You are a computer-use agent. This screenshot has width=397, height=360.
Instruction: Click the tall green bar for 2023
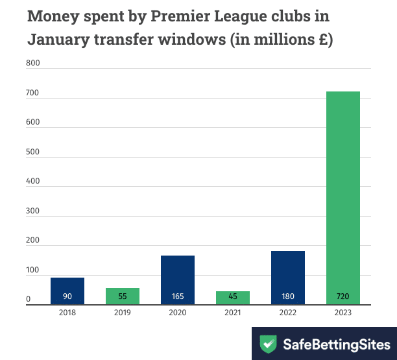point(343,195)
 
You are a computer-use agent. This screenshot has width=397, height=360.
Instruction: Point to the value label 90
point(67,297)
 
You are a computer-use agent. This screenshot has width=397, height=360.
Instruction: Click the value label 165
point(178,297)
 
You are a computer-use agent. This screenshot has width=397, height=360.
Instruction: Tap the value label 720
point(343,297)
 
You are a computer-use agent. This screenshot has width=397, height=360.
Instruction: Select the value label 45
point(233,297)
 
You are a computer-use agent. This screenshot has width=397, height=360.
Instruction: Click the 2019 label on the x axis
point(123,313)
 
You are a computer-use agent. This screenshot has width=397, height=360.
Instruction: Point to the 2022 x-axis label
point(288,313)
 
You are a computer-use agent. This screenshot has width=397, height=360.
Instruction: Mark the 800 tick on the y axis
point(32,64)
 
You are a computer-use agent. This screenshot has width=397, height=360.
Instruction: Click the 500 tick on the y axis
point(32,152)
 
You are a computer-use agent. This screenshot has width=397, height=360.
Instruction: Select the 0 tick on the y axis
point(29,300)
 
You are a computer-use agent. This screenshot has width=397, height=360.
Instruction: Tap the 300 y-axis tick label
point(32,211)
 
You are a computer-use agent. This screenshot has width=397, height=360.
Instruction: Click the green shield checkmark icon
point(267,343)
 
